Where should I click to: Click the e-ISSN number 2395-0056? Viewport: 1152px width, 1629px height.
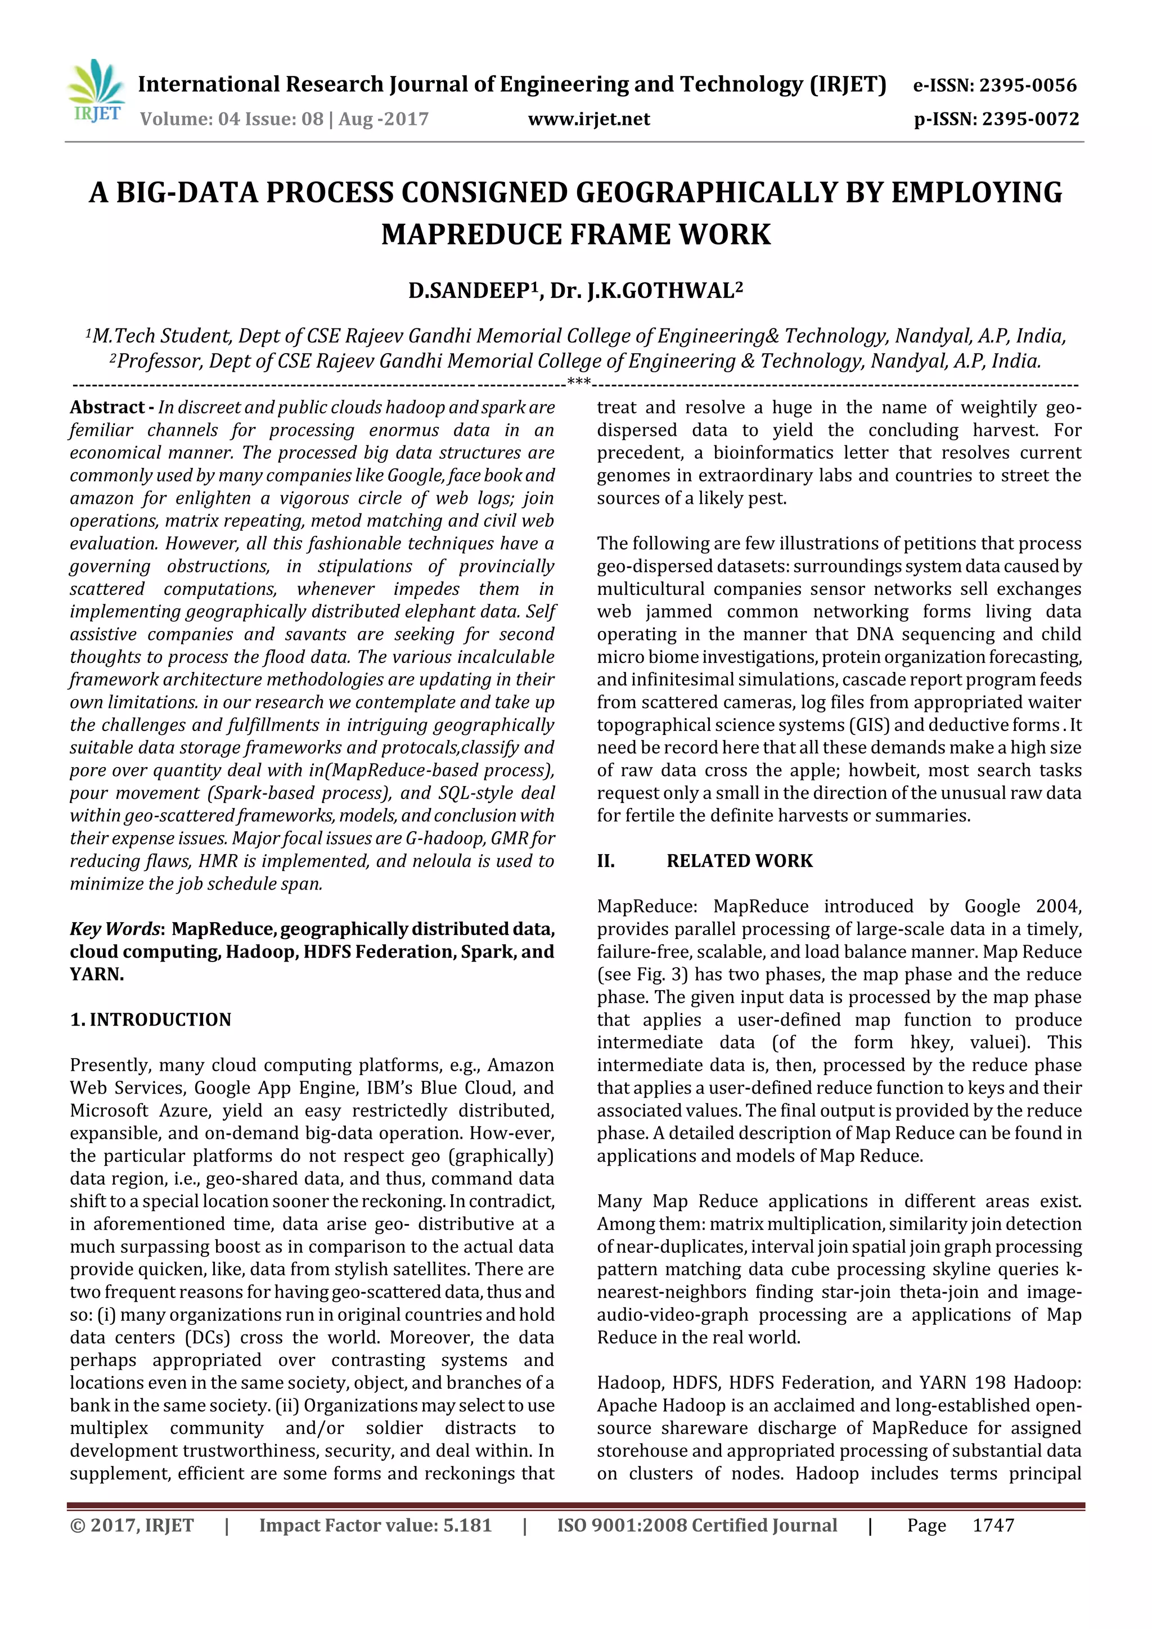[x=1028, y=86]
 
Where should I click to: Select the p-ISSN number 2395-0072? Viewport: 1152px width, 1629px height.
[x=1030, y=119]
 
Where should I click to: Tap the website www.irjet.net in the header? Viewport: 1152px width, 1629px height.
[x=588, y=119]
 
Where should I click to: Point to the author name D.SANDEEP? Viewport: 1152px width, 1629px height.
[x=469, y=291]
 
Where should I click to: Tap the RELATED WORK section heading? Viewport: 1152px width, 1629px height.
[x=739, y=861]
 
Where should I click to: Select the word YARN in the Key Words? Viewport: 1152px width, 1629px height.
[x=97, y=974]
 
